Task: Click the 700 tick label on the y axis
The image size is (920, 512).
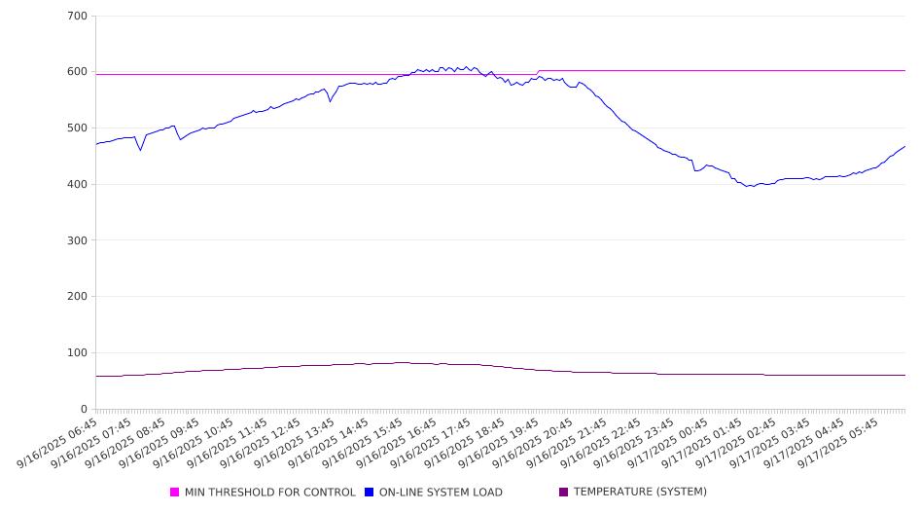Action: [x=78, y=17]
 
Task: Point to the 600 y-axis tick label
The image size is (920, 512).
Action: [x=78, y=72]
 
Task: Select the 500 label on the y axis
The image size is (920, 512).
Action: [x=78, y=128]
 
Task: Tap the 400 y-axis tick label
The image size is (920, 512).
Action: [x=78, y=185]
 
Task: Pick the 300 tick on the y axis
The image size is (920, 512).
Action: [x=78, y=240]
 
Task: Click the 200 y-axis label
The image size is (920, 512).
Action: [x=78, y=297]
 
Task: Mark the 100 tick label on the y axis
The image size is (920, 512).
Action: [x=78, y=353]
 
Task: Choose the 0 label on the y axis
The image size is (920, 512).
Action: [x=84, y=409]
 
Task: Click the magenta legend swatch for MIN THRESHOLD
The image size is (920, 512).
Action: [x=175, y=493]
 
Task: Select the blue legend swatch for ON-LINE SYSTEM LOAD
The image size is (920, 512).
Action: [x=370, y=493]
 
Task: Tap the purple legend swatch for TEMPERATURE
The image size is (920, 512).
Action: [x=564, y=493]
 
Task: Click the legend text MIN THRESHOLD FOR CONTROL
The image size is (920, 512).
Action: [x=269, y=493]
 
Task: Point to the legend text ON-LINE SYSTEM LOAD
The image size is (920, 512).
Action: [x=441, y=493]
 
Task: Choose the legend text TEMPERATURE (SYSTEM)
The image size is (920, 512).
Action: [x=640, y=493]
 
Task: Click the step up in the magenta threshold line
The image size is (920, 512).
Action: [x=538, y=72]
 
